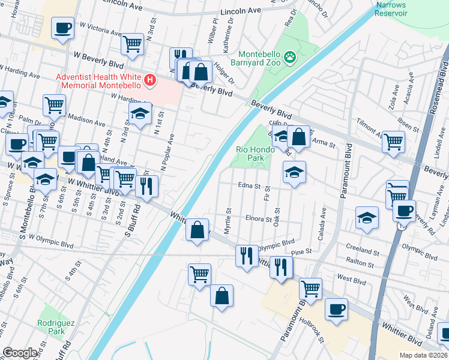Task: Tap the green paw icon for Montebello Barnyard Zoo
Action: pyautogui.click(x=290, y=58)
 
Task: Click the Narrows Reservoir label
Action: pyautogui.click(x=390, y=9)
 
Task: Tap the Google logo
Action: pyautogui.click(x=20, y=353)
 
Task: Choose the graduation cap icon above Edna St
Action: pyautogui.click(x=294, y=172)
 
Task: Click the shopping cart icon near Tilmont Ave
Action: pyautogui.click(x=394, y=142)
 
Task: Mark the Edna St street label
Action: pyautogui.click(x=250, y=186)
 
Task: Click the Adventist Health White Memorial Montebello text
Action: pyautogui.click(x=98, y=80)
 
